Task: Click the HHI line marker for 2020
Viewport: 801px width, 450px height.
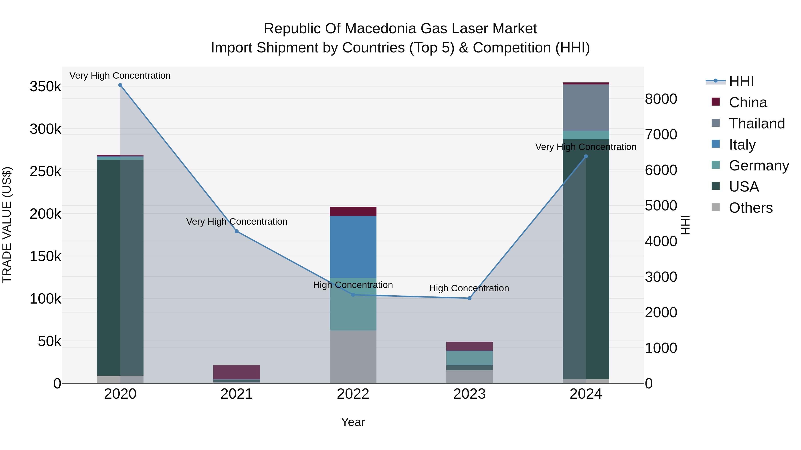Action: (x=120, y=85)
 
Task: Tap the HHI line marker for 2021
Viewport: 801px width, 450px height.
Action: (x=237, y=231)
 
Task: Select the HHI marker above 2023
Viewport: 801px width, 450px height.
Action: (x=469, y=298)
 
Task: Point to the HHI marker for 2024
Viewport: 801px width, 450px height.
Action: (x=586, y=156)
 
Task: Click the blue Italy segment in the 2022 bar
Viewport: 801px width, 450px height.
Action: (x=353, y=247)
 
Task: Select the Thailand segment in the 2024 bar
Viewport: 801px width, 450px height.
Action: (x=586, y=108)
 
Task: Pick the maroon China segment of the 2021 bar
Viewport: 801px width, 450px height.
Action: (x=237, y=372)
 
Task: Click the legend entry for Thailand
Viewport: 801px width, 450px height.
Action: (x=756, y=124)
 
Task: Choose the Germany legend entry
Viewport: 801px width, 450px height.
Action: (x=759, y=166)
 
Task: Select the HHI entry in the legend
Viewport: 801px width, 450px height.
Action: (x=741, y=81)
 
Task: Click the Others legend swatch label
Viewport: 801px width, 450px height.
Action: (x=750, y=208)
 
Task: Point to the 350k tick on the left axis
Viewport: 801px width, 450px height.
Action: (x=45, y=87)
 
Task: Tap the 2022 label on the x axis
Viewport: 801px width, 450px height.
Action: (x=353, y=394)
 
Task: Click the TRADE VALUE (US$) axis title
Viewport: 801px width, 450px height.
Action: (x=7, y=225)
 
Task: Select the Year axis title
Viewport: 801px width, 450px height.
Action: (x=353, y=422)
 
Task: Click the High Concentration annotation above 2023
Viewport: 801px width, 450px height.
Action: (x=469, y=288)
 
